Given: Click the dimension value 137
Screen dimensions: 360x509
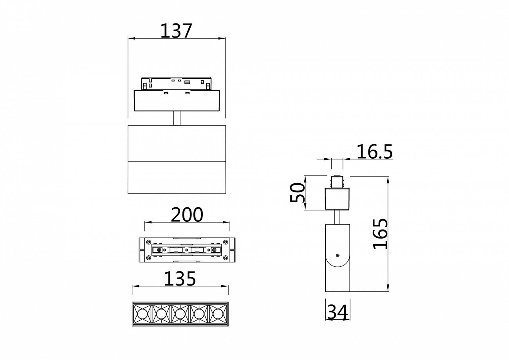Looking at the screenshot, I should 176,31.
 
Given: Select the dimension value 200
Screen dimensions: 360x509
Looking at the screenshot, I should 187,215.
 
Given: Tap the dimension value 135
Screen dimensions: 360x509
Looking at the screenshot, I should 180,279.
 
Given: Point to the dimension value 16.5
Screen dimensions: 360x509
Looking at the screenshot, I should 374,152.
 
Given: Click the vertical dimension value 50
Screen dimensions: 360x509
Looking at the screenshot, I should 298,193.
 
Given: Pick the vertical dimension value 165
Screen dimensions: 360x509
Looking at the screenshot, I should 380,234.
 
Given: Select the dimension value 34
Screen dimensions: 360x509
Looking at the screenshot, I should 338,312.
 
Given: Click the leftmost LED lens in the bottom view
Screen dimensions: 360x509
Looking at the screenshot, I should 142,314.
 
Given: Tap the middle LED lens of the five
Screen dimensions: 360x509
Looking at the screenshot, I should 180,314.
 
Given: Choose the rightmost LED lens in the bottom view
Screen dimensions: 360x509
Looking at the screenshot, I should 218,314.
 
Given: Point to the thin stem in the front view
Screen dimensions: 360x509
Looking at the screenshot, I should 177,118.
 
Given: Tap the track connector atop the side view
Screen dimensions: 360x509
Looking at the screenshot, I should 337,182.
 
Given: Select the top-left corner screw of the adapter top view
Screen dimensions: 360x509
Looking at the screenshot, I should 148,242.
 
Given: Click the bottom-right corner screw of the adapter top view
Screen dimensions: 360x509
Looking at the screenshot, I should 225,257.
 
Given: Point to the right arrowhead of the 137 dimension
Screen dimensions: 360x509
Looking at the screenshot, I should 223,38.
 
